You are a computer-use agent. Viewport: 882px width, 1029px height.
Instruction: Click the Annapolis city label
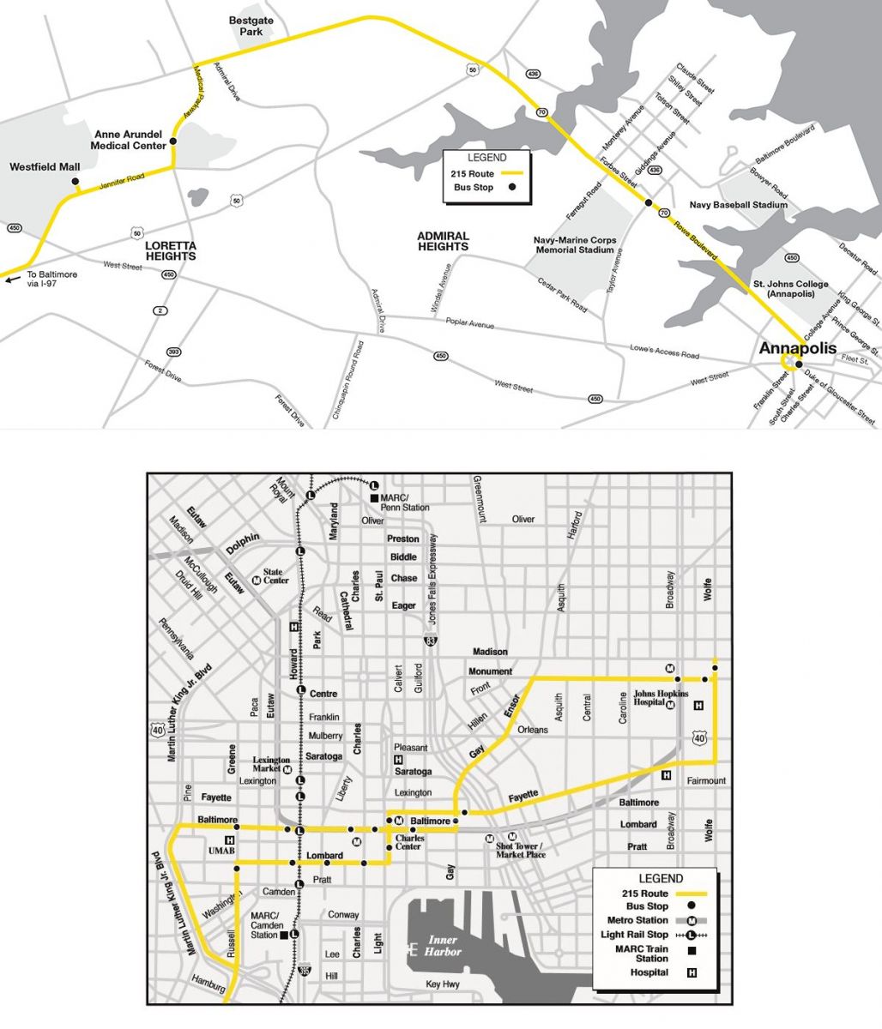pyautogui.click(x=797, y=348)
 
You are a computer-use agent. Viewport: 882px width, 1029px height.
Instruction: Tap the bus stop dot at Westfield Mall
pyautogui.click(x=76, y=182)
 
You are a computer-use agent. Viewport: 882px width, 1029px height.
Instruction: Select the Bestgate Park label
pyautogui.click(x=251, y=25)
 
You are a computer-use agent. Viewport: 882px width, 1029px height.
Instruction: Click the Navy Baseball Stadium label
pyautogui.click(x=738, y=206)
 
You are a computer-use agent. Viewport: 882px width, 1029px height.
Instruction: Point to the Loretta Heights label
pyautogui.click(x=170, y=250)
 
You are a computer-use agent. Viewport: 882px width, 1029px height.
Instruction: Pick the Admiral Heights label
pyautogui.click(x=443, y=241)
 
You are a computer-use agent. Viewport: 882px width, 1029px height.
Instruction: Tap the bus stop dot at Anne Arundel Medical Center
pyautogui.click(x=172, y=141)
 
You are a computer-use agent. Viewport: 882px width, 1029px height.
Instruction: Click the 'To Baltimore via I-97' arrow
pyautogui.click(x=10, y=278)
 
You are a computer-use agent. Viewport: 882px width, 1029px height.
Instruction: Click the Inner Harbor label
pyautogui.click(x=443, y=946)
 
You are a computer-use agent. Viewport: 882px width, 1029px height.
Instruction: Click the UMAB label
pyautogui.click(x=220, y=851)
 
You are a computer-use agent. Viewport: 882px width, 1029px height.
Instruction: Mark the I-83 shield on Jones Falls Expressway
pyautogui.click(x=430, y=640)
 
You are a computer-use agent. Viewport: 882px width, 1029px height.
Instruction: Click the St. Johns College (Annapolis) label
pyautogui.click(x=790, y=289)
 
